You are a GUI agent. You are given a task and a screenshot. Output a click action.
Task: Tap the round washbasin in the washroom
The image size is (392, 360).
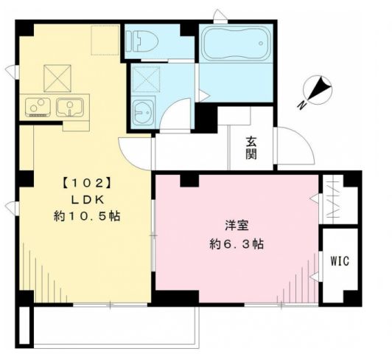coord(142,113)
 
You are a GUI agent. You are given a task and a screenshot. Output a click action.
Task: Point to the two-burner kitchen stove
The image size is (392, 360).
coord(38,108)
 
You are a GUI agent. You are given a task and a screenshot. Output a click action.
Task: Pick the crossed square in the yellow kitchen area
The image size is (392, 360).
coord(57,77)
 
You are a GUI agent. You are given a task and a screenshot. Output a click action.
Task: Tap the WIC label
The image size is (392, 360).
coord(339,261)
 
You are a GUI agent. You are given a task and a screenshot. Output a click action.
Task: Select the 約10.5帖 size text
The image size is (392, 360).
coord(88,217)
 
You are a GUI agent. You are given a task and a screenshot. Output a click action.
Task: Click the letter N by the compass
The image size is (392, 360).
coord(304,105)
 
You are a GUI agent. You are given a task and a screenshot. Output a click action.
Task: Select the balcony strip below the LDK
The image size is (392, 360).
coord(114,324)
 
